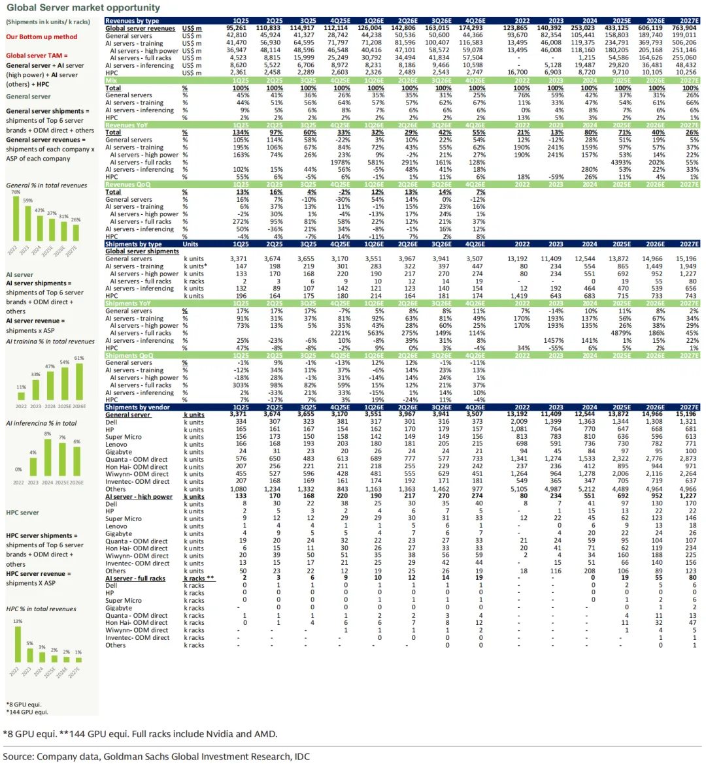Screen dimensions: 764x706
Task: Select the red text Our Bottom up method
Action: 42,37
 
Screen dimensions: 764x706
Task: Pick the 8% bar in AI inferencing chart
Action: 48,456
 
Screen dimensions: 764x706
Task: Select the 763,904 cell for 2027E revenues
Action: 684,28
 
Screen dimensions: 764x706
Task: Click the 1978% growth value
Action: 340,162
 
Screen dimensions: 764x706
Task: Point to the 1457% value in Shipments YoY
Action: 554,340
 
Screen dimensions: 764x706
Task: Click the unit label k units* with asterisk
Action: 195,266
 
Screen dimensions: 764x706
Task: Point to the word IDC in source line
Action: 301,756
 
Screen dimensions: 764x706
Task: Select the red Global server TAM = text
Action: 37,56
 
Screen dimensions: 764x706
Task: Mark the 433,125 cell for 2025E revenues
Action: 617,28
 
